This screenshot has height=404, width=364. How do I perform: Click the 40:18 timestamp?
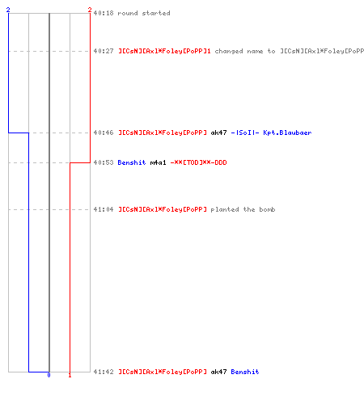(x=104, y=13)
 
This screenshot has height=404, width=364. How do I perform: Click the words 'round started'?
(x=144, y=13)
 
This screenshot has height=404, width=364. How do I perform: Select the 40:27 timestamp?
(x=104, y=51)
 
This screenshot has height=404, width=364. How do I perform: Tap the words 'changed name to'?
(x=245, y=51)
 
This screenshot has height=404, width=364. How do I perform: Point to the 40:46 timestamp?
(x=104, y=133)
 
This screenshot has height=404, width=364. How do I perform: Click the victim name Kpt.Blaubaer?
(x=287, y=133)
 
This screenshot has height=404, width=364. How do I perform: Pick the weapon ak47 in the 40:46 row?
(x=218, y=133)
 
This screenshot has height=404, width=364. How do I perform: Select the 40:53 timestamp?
(x=104, y=162)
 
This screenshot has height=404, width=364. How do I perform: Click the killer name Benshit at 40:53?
(x=132, y=162)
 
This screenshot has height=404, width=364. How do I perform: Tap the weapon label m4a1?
(x=158, y=162)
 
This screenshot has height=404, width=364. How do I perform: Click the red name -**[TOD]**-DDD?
(x=199, y=162)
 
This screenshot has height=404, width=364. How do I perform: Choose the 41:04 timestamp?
(x=104, y=209)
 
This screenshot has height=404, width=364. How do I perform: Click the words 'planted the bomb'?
(x=243, y=209)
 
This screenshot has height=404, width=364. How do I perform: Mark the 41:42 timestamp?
(x=104, y=372)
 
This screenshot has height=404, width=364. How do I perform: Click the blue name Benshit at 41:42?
(x=245, y=372)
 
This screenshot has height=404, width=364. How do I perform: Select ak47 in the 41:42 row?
(x=218, y=372)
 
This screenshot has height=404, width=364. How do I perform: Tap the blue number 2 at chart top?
(x=8, y=10)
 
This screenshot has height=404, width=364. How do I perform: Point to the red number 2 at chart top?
(x=90, y=10)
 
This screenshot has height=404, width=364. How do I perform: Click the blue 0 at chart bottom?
(x=49, y=375)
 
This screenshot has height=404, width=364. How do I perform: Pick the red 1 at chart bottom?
(x=70, y=375)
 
